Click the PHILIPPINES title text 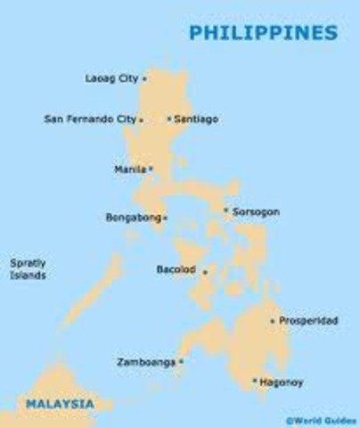point(264,33)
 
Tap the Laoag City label point(111,78)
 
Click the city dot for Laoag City point(144,78)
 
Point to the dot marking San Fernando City point(141,119)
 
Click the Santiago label point(197,119)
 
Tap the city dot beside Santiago point(169,119)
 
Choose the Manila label point(129,169)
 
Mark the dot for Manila point(151,169)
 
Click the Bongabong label point(133,217)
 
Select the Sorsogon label point(256,212)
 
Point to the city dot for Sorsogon point(226,211)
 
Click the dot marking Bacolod point(205,272)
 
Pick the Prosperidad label point(308,320)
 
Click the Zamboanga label point(144,362)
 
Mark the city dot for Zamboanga point(181,362)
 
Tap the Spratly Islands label point(28,269)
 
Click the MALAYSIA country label point(59,403)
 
